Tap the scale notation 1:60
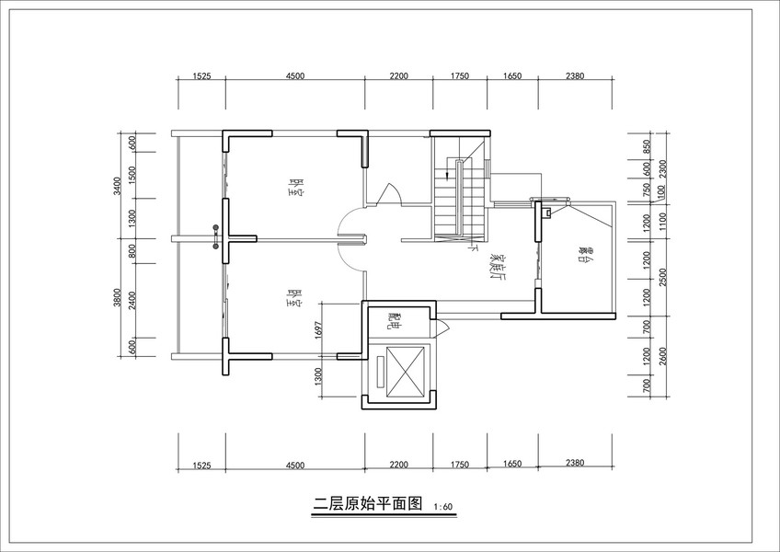point(442,506)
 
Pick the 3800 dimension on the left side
point(117,298)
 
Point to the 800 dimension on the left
point(132,248)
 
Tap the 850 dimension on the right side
point(647,147)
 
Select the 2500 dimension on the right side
point(662,274)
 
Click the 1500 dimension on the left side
point(132,174)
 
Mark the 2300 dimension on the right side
point(662,167)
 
